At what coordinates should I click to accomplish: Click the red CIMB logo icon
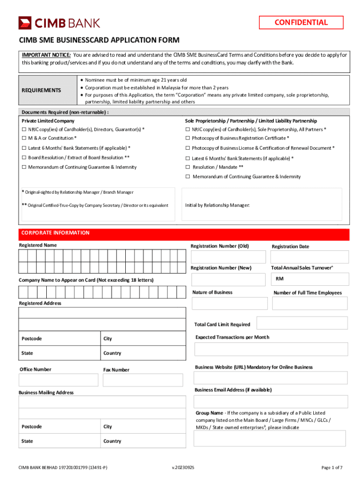point(25,22)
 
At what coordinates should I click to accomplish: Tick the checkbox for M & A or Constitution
point(24,138)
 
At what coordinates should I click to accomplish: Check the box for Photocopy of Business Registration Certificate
point(187,138)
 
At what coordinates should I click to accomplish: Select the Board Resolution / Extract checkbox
point(24,158)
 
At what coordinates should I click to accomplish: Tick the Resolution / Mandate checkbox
point(187,167)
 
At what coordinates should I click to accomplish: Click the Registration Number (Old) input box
point(228,257)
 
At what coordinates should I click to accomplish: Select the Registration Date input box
point(310,257)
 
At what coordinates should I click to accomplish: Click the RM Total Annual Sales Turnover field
point(310,279)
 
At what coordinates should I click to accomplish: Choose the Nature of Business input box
point(229,303)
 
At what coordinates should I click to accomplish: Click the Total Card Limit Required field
point(302,323)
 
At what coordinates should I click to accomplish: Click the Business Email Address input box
point(271,401)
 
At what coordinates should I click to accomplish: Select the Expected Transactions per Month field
point(271,349)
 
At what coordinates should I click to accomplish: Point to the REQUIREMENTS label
point(42,90)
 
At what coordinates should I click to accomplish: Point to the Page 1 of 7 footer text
point(332,467)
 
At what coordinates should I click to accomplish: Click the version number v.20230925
point(183,467)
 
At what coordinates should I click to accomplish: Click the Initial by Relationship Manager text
point(217,205)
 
